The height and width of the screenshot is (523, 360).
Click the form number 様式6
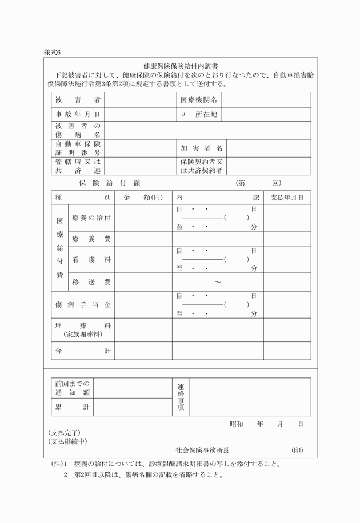click(52, 53)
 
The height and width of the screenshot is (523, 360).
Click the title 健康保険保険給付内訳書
click(184, 66)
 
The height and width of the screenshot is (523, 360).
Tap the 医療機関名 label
click(199, 100)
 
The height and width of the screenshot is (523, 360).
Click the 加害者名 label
click(201, 148)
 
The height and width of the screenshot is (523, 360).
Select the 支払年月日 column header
click(287, 198)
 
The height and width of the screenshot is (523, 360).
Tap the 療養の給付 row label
click(91, 218)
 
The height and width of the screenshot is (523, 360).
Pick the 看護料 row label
click(91, 259)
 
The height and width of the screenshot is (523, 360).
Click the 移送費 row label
click(91, 282)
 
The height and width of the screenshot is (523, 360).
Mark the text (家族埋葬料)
click(83, 334)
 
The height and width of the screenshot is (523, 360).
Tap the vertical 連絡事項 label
click(181, 396)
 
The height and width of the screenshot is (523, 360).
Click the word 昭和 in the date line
click(237, 424)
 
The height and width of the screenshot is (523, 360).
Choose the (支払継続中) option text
click(68, 441)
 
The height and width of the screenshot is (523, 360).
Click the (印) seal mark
click(297, 450)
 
